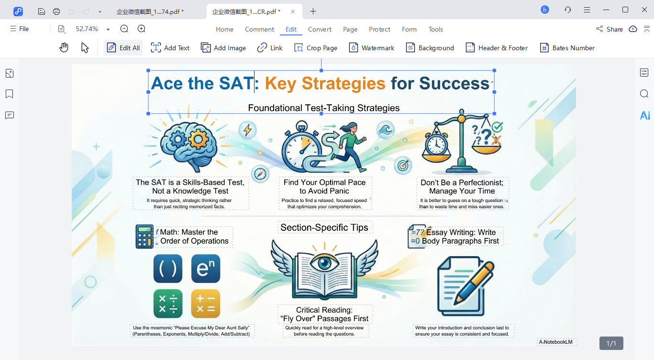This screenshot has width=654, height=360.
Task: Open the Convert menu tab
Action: (x=320, y=29)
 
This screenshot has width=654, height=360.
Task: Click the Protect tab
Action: (x=379, y=29)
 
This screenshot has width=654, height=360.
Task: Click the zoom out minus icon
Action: (x=124, y=29)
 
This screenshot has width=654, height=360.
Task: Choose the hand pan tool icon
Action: (x=64, y=47)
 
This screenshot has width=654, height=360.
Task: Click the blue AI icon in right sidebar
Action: (x=644, y=115)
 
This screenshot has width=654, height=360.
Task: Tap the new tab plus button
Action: (x=313, y=11)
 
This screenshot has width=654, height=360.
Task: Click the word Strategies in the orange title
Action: (x=343, y=83)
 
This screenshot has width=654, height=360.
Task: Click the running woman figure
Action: (x=348, y=146)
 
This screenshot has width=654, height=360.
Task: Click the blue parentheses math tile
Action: (x=167, y=269)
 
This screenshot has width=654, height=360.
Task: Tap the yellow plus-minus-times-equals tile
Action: (x=205, y=304)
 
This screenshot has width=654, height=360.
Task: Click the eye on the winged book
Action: (x=324, y=263)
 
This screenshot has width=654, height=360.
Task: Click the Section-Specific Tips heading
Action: (x=324, y=227)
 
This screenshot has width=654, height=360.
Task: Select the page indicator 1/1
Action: (x=611, y=343)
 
